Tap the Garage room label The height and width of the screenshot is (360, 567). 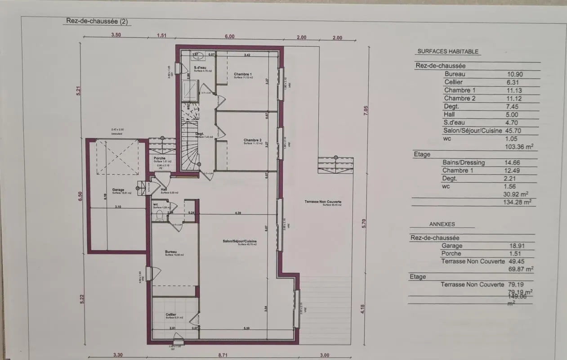118,190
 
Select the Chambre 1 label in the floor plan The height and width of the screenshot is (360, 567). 243,74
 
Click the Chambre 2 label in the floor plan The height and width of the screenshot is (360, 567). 252,140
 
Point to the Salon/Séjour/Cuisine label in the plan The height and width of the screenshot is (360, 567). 240,242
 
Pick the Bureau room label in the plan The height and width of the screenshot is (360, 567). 171,252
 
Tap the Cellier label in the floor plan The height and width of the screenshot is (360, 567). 170,315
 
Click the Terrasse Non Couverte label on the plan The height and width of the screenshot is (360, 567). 322,202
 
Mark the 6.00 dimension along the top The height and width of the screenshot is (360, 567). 230,37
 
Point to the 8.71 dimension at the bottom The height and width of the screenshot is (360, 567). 223,355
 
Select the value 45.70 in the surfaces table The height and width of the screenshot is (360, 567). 515,131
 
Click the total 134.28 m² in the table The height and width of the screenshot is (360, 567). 521,202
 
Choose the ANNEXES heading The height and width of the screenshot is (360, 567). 442,224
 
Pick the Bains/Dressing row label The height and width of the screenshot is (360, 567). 463,162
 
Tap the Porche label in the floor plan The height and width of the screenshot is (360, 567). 159,158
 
